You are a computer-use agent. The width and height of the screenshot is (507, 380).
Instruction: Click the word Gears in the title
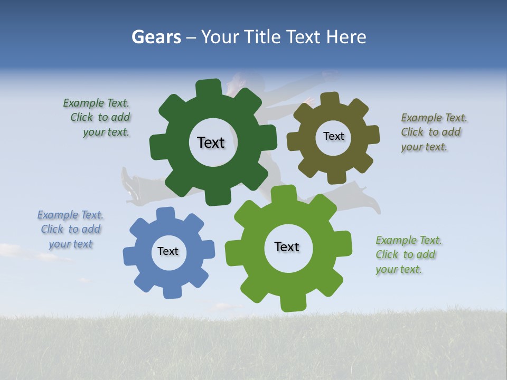pos(156,37)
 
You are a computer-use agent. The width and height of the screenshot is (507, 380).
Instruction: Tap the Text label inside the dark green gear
pos(211,142)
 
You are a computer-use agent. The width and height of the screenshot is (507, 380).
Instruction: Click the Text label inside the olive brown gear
pos(333,136)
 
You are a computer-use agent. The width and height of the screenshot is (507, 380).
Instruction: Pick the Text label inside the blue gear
pos(168,251)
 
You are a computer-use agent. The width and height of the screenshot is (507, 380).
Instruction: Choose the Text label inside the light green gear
pos(287,246)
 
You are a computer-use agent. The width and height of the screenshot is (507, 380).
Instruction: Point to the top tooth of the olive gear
pos(330,99)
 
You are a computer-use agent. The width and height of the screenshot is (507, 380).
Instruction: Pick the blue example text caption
pos(70,230)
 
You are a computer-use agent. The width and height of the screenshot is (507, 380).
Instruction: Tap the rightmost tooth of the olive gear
pos(372,135)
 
